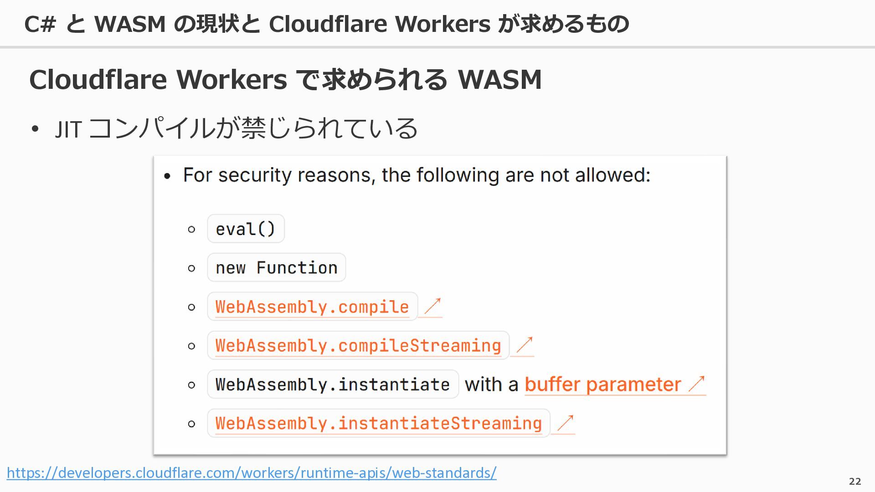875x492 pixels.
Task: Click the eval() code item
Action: pos(246,229)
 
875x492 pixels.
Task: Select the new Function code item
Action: pos(277,267)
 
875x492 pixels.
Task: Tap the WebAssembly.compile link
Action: pos(312,307)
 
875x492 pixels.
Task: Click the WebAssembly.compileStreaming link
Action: pos(358,345)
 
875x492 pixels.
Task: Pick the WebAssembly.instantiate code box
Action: pos(333,384)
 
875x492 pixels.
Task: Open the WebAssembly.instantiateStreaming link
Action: pos(379,423)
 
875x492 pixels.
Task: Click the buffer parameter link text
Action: pos(603,384)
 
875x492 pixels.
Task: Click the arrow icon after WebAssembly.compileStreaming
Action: pos(525,345)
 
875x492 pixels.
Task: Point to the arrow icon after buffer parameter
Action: pos(696,384)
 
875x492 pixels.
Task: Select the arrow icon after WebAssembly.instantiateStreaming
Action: pos(565,423)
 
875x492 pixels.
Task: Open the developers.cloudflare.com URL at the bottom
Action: pos(252,473)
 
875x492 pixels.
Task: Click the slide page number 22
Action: pos(855,481)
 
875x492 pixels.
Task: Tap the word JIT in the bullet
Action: pos(68,129)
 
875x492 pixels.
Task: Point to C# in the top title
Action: pos(40,24)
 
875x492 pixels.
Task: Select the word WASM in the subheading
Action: pos(500,79)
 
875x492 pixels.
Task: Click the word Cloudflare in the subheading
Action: pos(98,79)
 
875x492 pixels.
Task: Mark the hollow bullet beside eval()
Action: pos(191,229)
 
